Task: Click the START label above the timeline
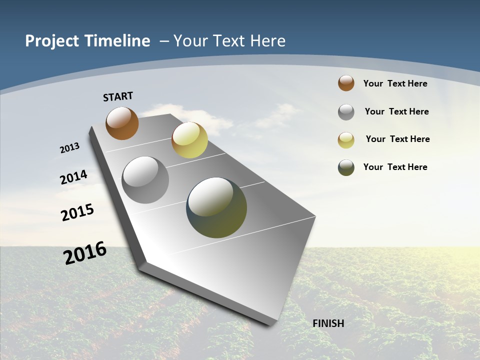pyautogui.click(x=118, y=96)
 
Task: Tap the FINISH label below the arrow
pyautogui.click(x=328, y=323)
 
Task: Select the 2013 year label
pyautogui.click(x=69, y=148)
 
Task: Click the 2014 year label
pyautogui.click(x=73, y=177)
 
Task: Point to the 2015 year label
pyautogui.click(x=77, y=212)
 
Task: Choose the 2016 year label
pyautogui.click(x=85, y=252)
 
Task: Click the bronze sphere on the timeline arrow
pyautogui.click(x=122, y=123)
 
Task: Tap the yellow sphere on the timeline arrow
pyautogui.click(x=189, y=140)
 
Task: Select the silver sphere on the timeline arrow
pyautogui.click(x=145, y=180)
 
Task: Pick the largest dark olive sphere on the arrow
pyautogui.click(x=216, y=207)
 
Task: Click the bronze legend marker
pyautogui.click(x=346, y=83)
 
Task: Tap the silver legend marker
pyautogui.click(x=346, y=112)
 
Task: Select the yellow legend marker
pyautogui.click(x=346, y=140)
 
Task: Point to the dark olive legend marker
pyautogui.click(x=346, y=167)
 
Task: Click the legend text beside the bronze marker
pyautogui.click(x=395, y=83)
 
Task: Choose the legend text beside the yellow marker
pyautogui.click(x=397, y=139)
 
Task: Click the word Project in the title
pyautogui.click(x=52, y=41)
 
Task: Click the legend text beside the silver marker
pyautogui.click(x=396, y=111)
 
